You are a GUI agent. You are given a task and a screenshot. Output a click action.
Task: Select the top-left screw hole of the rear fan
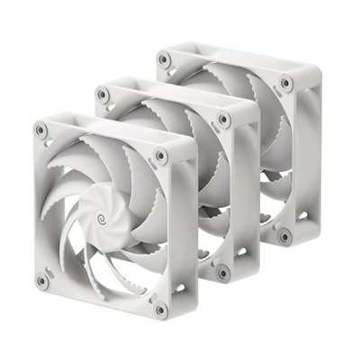[x=164, y=60]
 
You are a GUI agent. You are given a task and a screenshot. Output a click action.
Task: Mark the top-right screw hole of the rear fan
[x=285, y=83]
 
